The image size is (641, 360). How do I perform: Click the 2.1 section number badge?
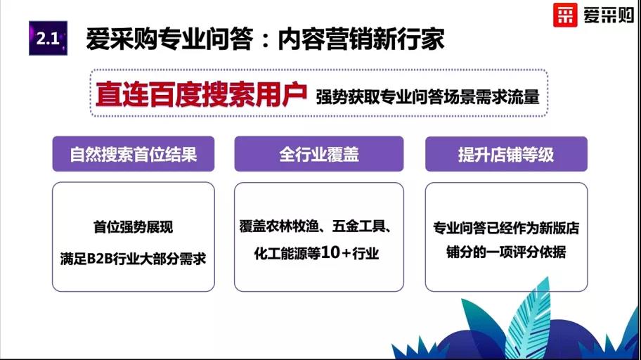click(48, 39)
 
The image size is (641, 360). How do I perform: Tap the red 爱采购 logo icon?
click(565, 15)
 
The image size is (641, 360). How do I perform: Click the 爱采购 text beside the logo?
click(609, 15)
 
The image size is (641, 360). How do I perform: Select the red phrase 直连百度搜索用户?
click(201, 94)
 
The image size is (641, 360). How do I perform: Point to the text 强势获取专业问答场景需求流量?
click(427, 96)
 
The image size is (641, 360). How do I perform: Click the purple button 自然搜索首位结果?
click(134, 154)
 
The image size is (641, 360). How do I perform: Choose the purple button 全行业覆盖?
click(319, 154)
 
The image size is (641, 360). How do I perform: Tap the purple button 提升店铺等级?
click(506, 154)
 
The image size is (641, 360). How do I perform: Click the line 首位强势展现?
click(134, 226)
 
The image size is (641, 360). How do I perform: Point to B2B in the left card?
click(100, 259)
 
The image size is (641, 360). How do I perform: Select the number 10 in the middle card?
click(330, 253)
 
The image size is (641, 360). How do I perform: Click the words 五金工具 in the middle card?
click(358, 226)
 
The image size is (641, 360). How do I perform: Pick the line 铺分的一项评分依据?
click(506, 252)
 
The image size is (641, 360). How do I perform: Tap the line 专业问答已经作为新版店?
click(506, 228)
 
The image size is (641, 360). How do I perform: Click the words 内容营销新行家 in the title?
click(361, 39)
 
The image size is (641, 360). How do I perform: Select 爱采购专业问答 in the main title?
click(169, 39)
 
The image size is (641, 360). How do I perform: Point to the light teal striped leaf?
click(527, 319)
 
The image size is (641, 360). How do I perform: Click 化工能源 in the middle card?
click(280, 253)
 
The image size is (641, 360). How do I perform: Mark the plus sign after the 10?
click(346, 254)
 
